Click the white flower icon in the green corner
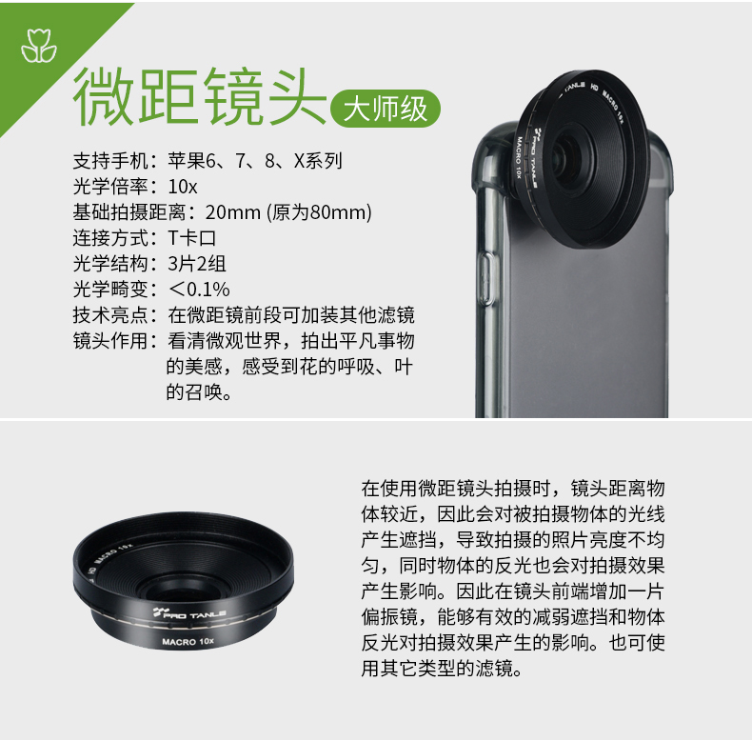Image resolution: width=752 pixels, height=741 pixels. (x=38, y=46)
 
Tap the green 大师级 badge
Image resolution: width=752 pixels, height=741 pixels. (x=386, y=109)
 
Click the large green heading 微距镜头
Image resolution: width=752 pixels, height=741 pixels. (x=200, y=96)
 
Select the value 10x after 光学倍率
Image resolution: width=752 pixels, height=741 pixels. (x=183, y=187)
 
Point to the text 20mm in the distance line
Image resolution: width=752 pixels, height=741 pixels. (x=233, y=212)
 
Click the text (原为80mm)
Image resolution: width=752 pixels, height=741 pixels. (x=320, y=212)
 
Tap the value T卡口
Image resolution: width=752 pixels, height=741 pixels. (x=192, y=238)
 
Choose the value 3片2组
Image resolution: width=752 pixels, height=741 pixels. (x=197, y=264)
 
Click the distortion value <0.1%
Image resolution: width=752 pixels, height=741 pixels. (x=199, y=290)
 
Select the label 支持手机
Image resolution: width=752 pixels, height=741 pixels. (x=110, y=161)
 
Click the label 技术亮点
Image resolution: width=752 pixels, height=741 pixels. (x=110, y=315)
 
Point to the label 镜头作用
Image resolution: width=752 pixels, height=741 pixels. (x=110, y=341)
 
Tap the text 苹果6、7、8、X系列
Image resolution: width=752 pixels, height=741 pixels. (x=255, y=161)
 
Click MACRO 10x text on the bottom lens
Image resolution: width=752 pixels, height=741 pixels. (x=188, y=641)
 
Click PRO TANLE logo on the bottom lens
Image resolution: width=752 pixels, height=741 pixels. (x=189, y=613)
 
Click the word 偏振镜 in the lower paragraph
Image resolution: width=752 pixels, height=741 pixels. (x=389, y=616)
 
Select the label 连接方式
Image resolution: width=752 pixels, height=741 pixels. (x=110, y=238)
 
